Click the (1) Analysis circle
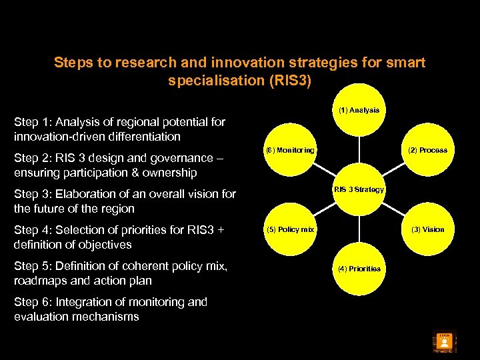359,110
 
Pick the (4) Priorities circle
359,269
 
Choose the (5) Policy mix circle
289,229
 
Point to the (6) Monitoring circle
289,151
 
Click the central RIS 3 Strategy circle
359,190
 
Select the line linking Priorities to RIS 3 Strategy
359,229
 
